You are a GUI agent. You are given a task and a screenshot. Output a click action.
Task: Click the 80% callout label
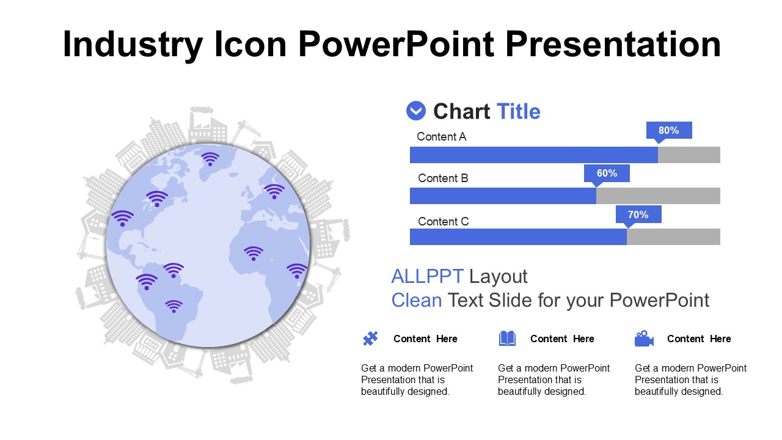click(x=669, y=131)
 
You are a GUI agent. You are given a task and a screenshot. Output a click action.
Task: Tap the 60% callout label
click(x=607, y=173)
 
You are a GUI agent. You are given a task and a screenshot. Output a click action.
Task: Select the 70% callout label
click(x=638, y=215)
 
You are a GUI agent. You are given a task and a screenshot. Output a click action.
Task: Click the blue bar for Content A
click(x=534, y=155)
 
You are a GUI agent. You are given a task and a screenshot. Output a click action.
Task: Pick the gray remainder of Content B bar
click(x=658, y=196)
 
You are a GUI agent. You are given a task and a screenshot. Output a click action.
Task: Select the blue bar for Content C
click(x=518, y=237)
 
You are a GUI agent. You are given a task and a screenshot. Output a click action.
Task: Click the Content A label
click(x=442, y=136)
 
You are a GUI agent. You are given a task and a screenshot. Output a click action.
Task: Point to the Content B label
click(x=443, y=178)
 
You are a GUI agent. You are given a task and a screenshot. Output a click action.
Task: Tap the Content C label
click(x=444, y=221)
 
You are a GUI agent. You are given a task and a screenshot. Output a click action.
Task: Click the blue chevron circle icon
click(x=416, y=111)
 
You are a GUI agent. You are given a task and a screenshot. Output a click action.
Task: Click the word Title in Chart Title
click(x=519, y=111)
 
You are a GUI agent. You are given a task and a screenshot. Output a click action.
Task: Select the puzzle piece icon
click(x=370, y=339)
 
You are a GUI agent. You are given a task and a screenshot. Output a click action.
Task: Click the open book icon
click(x=507, y=339)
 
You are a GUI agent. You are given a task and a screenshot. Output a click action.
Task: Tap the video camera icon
click(x=644, y=339)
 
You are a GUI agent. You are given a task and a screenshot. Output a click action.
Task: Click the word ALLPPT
click(x=427, y=276)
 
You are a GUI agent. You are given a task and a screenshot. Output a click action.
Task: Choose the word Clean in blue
click(x=417, y=300)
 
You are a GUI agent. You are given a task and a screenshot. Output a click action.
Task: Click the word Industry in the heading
click(x=133, y=45)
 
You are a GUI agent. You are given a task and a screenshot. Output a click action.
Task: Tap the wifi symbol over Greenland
click(x=210, y=159)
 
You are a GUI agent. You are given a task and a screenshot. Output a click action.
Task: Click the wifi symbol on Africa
click(x=254, y=254)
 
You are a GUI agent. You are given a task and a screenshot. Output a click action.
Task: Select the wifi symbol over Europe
click(x=274, y=191)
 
